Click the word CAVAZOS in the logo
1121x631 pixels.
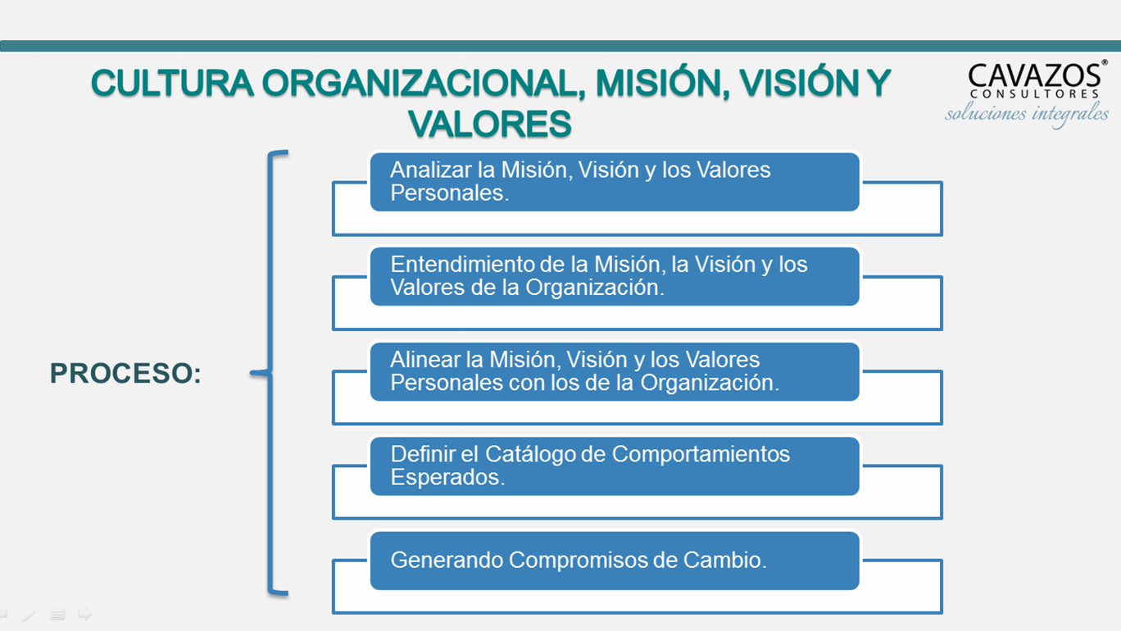pyautogui.click(x=1035, y=76)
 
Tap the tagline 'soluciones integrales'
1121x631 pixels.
pyautogui.click(x=1027, y=114)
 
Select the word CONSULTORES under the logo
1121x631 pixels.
pyautogui.click(x=1034, y=94)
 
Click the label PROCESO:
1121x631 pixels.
pyautogui.click(x=125, y=374)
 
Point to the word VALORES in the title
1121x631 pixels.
pyautogui.click(x=490, y=124)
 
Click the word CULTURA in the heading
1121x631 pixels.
pyautogui.click(x=172, y=83)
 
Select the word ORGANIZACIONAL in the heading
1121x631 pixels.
pyautogui.click(x=424, y=83)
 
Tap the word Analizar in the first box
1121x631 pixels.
pyautogui.click(x=431, y=170)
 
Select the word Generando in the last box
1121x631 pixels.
pyautogui.click(x=447, y=560)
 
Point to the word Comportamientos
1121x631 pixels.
pyautogui.click(x=701, y=455)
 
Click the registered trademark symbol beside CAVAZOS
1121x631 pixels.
pyautogui.click(x=1104, y=62)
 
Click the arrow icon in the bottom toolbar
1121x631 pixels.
pyautogui.click(x=85, y=614)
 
